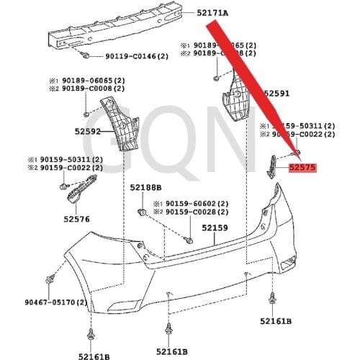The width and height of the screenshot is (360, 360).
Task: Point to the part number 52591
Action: coord(276,94)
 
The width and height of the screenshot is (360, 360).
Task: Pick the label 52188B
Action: coord(145,187)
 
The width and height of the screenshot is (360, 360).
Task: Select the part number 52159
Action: coord(215,228)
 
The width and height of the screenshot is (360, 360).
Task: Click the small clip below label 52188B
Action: coord(143,211)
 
